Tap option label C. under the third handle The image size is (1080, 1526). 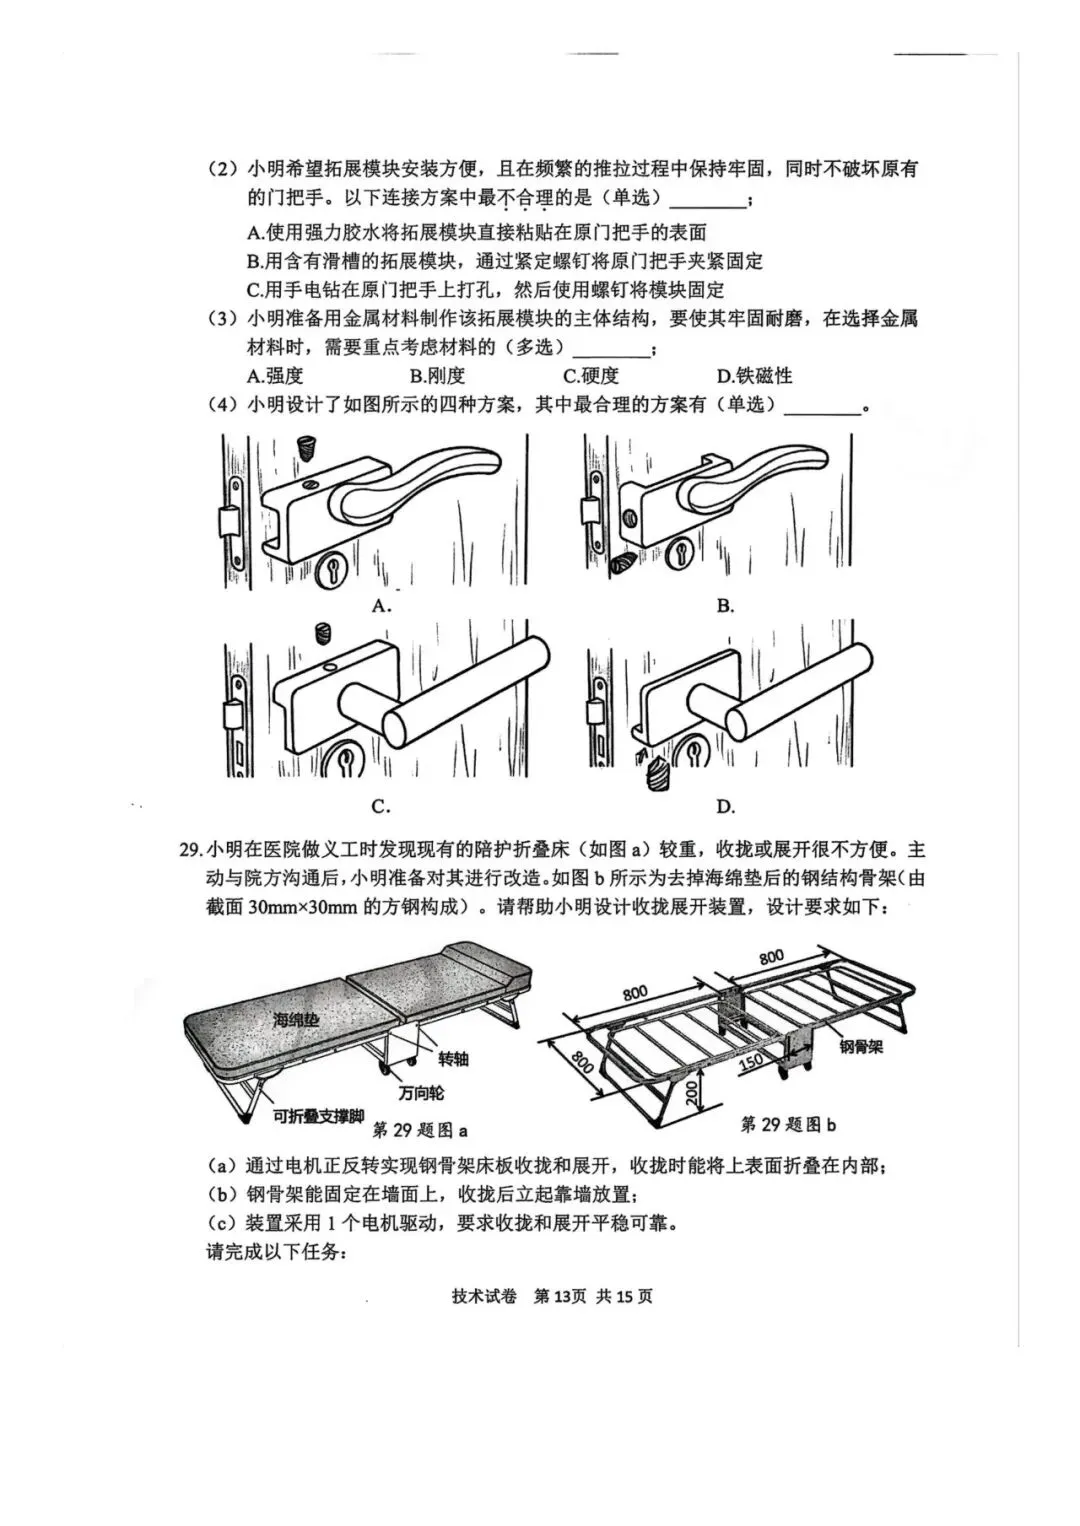click(380, 807)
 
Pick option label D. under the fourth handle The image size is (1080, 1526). click(725, 807)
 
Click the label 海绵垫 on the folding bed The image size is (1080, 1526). click(296, 1020)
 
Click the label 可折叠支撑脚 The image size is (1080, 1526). click(318, 1116)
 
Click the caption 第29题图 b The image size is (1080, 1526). click(788, 1125)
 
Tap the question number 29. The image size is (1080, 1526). click(190, 850)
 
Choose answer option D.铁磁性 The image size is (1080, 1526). click(754, 376)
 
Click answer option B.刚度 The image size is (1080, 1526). click(437, 376)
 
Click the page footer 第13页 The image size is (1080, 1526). click(560, 1296)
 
